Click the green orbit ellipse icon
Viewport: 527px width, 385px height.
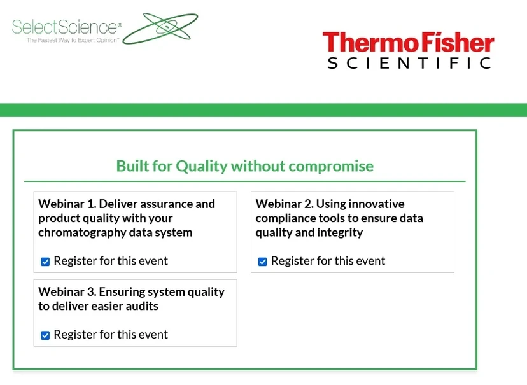coord(160,28)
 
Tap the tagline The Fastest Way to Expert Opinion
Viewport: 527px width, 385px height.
coord(73,40)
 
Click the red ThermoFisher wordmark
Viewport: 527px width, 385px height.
coord(408,43)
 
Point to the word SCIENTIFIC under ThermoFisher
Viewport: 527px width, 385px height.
coord(409,63)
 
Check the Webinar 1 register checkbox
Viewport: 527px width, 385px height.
coord(45,262)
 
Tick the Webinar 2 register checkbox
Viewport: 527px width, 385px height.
coord(262,262)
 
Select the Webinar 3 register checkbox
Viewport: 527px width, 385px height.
coord(45,335)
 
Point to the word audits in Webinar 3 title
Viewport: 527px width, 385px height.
coord(141,306)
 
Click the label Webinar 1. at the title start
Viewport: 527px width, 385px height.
coord(67,204)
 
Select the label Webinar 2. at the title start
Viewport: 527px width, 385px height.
coord(285,204)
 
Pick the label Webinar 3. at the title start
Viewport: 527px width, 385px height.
coord(67,292)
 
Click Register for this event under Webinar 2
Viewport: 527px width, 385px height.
coord(328,261)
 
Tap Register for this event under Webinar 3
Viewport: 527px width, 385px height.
coord(111,335)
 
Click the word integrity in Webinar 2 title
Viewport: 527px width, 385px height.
coord(338,232)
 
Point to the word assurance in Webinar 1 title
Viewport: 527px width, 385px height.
coord(189,204)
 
